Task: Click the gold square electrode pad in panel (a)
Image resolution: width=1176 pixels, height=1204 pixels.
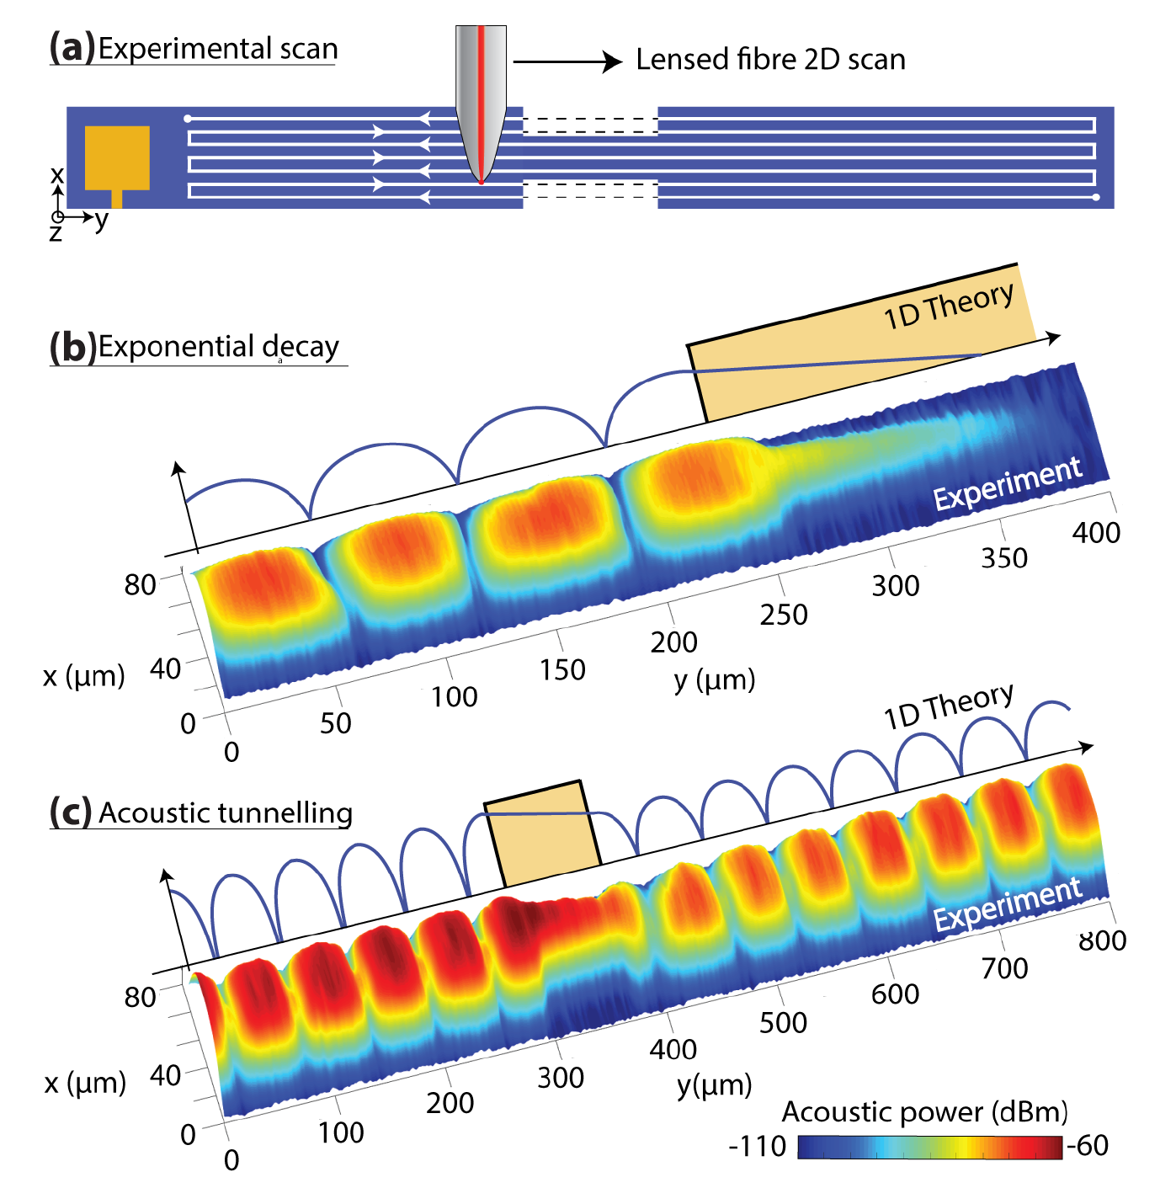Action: (117, 157)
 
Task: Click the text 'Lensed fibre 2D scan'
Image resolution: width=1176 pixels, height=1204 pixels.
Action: (770, 60)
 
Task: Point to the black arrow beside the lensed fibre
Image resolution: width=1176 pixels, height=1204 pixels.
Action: (567, 61)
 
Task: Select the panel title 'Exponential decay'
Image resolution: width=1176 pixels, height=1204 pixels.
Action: (218, 347)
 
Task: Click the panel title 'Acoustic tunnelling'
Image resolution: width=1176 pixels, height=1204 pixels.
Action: (226, 813)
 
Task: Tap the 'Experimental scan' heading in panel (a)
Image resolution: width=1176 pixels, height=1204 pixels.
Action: (217, 49)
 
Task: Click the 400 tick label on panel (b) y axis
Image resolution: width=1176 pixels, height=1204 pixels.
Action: (1096, 532)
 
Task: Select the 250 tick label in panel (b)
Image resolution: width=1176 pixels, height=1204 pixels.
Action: (784, 615)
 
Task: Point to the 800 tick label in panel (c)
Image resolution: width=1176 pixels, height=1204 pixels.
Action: (1102, 940)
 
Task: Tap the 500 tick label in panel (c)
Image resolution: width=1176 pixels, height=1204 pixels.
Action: (783, 1022)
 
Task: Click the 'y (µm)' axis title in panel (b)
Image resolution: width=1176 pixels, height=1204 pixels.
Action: (715, 679)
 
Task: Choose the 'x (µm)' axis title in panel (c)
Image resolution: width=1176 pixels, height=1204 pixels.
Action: (85, 1083)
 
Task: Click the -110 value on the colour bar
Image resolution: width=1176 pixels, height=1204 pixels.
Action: (758, 1147)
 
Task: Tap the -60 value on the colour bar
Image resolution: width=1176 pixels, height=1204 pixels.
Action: (1088, 1146)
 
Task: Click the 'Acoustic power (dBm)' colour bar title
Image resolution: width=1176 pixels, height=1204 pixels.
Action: (924, 1112)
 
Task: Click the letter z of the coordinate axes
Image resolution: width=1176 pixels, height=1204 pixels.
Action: (56, 233)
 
